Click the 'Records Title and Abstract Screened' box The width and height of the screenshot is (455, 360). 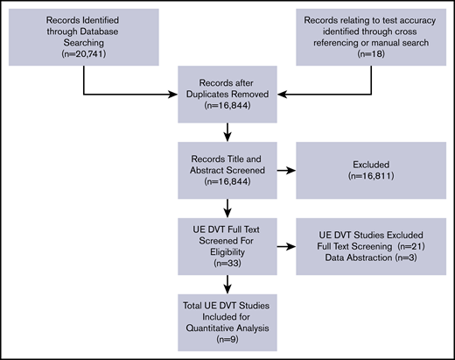pyautogui.click(x=226, y=168)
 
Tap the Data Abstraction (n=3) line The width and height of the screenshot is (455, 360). pyautogui.click(x=360, y=260)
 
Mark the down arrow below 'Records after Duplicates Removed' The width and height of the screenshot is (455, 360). pyautogui.click(x=227, y=134)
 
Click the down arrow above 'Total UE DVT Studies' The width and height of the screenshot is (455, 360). pyautogui.click(x=227, y=285)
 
